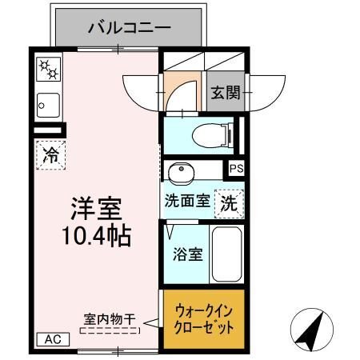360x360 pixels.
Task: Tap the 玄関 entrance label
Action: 226,92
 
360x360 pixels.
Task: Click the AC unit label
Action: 53,339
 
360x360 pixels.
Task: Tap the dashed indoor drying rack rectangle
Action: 107,328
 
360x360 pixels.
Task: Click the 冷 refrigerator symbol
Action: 50,155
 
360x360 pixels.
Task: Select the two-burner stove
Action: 48,70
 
